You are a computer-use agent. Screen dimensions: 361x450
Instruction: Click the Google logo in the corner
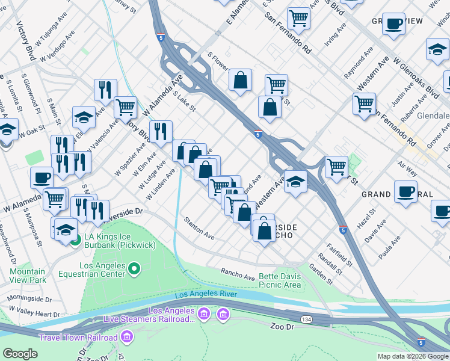pyautogui.click(x=20, y=354)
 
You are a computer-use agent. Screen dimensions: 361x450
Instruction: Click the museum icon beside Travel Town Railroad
pyautogui.click(x=126, y=338)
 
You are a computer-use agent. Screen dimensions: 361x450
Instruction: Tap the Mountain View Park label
pyautogui.click(x=28, y=276)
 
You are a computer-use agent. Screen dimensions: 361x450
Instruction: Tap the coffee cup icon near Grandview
pyautogui.click(x=393, y=24)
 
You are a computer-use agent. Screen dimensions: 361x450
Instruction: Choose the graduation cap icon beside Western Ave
pyautogui.click(x=295, y=180)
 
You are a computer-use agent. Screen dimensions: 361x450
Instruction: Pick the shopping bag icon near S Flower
pyautogui.click(x=240, y=80)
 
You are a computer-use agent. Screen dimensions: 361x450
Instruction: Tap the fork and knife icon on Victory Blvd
pyautogui.click(x=161, y=131)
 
